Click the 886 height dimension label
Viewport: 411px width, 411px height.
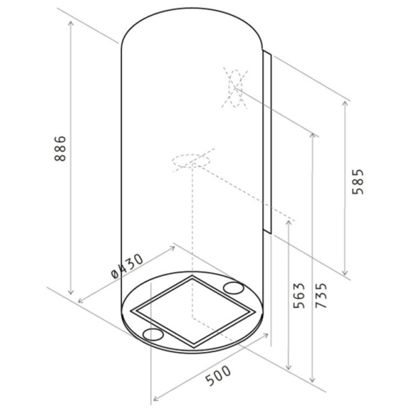(60, 149)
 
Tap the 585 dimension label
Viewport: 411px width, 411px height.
(358, 182)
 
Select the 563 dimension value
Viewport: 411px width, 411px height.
(299, 295)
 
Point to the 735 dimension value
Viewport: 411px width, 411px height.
(321, 295)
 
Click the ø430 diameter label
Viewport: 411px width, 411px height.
(127, 266)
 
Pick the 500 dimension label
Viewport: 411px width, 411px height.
(218, 375)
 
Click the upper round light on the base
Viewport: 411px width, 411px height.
(234, 288)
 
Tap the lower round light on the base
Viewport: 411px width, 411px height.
(153, 334)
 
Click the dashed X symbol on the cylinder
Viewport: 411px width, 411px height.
(235, 88)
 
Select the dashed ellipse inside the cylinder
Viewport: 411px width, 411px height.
(191, 160)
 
